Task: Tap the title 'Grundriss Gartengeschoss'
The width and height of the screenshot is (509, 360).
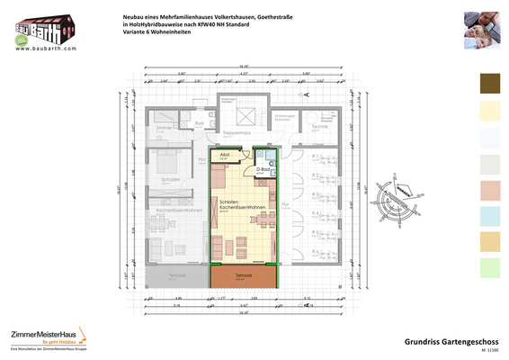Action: click(445, 340)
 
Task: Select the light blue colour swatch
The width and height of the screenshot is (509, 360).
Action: click(494, 215)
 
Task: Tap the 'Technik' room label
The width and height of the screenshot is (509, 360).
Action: click(320, 128)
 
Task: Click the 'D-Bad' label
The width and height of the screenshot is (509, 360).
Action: click(263, 168)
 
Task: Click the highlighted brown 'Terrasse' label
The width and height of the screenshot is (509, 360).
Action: click(243, 275)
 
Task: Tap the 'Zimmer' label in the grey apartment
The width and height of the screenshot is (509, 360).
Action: click(163, 128)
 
